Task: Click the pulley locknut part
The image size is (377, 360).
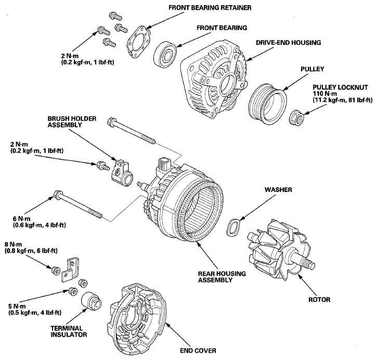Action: pyautogui.click(x=296, y=118)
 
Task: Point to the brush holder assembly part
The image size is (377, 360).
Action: pyautogui.click(x=122, y=173)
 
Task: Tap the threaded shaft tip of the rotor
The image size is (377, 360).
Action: pyautogui.click(x=309, y=264)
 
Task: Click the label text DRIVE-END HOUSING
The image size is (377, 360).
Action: pyautogui.click(x=288, y=43)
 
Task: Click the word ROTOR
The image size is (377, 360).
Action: pyautogui.click(x=319, y=300)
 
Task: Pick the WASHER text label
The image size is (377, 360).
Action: pyautogui.click(x=278, y=190)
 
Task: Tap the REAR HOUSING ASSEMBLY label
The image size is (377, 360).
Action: pyautogui.click(x=222, y=277)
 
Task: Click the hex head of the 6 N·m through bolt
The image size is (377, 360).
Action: pyautogui.click(x=58, y=194)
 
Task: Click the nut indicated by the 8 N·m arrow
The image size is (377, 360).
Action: pyautogui.click(x=56, y=271)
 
